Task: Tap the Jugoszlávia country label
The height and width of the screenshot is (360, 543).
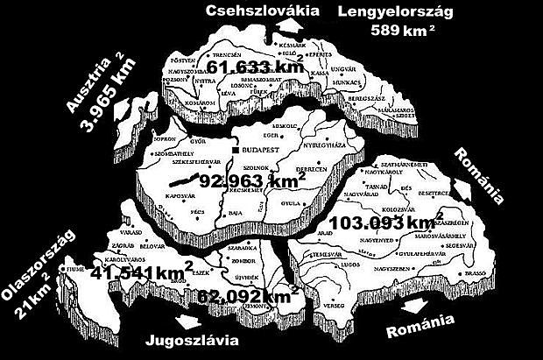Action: click(192, 340)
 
